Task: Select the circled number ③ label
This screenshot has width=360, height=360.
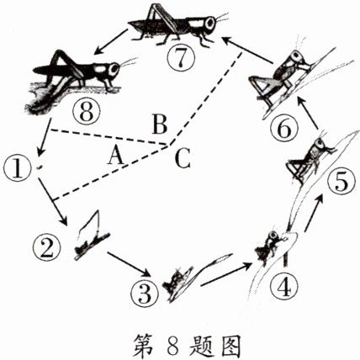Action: [x=142, y=294]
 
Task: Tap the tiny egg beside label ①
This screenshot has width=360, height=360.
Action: [x=39, y=168]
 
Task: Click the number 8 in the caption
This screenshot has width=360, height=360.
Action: [x=180, y=343]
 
